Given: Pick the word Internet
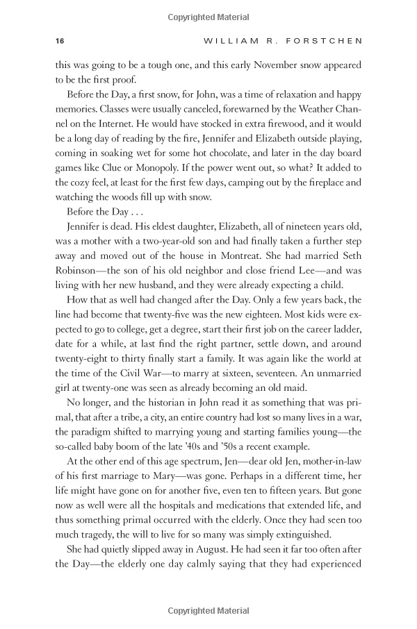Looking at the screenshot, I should click(x=107, y=124).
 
